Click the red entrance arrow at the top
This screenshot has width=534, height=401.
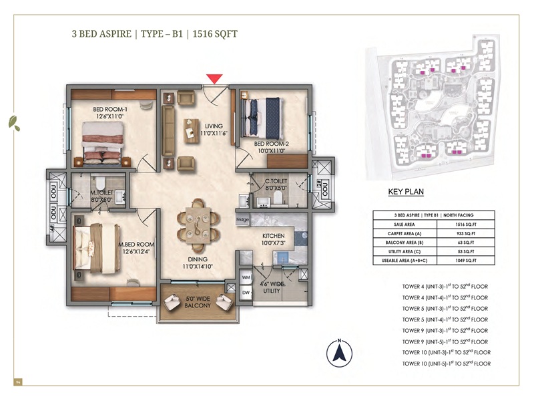[214, 79]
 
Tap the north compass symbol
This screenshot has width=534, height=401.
[340, 352]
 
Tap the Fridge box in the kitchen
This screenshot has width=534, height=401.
[242, 219]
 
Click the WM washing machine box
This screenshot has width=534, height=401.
[245, 277]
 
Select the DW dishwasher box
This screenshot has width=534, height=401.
[245, 291]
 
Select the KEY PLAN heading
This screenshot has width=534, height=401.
[406, 191]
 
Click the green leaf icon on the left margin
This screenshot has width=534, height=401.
[13, 122]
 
